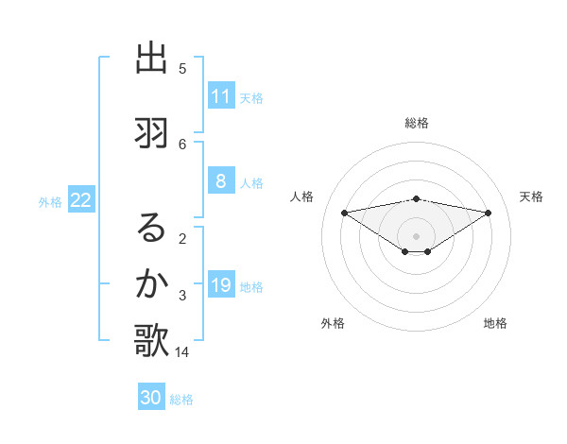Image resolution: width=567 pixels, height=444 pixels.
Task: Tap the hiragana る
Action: coord(151,227)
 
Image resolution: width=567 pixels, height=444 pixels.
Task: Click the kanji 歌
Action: coord(151,341)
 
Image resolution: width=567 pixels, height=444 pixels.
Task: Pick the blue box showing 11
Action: coord(221,96)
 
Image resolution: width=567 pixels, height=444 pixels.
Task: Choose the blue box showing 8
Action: coord(221,182)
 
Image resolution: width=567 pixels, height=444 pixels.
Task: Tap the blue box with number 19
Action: coord(221,286)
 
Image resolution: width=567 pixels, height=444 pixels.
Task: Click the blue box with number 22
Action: coord(81,200)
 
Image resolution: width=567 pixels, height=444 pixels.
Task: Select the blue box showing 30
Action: coord(151,398)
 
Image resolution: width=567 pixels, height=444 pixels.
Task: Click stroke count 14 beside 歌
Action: coord(182,352)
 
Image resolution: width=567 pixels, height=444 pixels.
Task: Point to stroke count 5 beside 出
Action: coord(182,69)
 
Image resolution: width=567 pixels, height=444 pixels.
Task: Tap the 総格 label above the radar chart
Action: coord(416,123)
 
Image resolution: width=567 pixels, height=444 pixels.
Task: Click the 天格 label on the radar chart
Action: coord(532,196)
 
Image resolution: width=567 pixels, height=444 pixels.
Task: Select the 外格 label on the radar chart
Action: coord(333,323)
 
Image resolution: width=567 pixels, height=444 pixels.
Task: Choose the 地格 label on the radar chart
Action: coord(495,323)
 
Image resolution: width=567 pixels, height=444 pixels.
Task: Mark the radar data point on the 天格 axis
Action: coord(489,213)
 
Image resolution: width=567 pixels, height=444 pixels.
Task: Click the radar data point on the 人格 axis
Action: coord(344,213)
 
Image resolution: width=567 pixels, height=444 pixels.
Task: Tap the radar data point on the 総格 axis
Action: coord(416,199)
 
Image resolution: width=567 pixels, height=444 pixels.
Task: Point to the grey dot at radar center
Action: coord(416,235)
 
